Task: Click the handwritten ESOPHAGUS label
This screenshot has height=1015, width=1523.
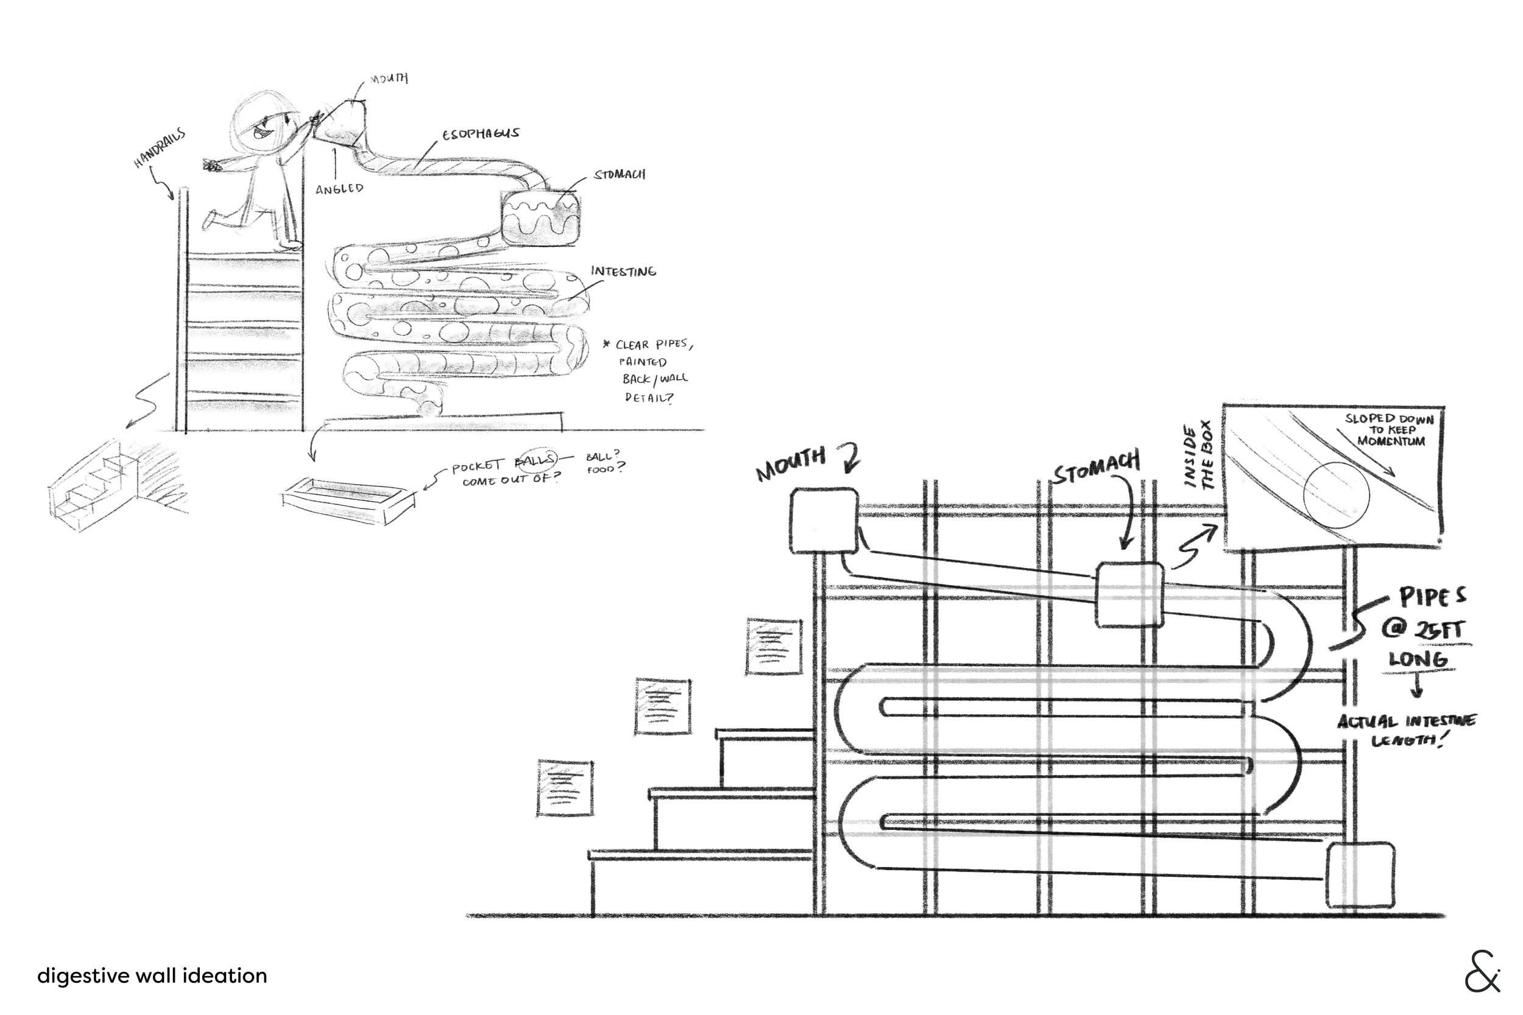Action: [481, 134]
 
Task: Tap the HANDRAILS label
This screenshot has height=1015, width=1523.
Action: [159, 148]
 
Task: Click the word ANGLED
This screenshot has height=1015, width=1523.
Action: [339, 189]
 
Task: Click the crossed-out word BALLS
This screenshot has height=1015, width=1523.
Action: [535, 460]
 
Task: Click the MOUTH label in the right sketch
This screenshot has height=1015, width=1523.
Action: [791, 463]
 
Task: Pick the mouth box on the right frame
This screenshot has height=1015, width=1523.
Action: [824, 521]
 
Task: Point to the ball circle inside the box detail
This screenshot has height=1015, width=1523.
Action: [1337, 496]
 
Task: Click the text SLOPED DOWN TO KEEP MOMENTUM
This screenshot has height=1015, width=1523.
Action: [1390, 430]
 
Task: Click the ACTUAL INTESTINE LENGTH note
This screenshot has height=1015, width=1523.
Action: [1407, 730]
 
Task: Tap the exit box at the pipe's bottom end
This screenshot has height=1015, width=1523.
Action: [1360, 875]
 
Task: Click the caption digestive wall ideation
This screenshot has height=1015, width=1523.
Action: [152, 975]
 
